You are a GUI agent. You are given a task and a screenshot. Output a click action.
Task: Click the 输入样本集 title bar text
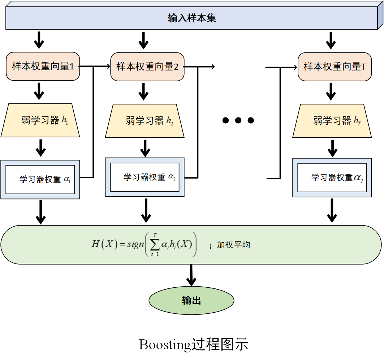192,18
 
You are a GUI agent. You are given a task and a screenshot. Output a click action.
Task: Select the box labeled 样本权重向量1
43,67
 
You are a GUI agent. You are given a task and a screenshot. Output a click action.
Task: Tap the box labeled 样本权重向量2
147,67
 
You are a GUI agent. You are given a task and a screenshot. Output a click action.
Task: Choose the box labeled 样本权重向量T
335,67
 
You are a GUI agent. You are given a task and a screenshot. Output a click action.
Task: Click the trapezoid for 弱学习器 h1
40,121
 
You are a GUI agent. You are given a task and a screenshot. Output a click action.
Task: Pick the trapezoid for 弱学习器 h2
145,121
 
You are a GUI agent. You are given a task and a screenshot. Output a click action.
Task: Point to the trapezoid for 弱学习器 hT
332,121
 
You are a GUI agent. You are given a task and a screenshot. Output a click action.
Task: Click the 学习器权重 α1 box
40,179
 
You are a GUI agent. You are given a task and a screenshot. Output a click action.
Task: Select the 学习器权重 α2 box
145,177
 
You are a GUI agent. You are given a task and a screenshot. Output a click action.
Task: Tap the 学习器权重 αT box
332,177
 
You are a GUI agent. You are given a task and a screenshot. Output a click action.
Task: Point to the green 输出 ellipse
191,300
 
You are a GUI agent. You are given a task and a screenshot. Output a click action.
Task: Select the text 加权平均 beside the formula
233,245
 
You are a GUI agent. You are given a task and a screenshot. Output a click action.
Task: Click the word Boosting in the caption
165,344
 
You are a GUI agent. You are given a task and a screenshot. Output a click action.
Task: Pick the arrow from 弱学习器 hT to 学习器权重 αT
332,148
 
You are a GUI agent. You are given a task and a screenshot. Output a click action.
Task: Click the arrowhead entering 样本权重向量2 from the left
108,67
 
